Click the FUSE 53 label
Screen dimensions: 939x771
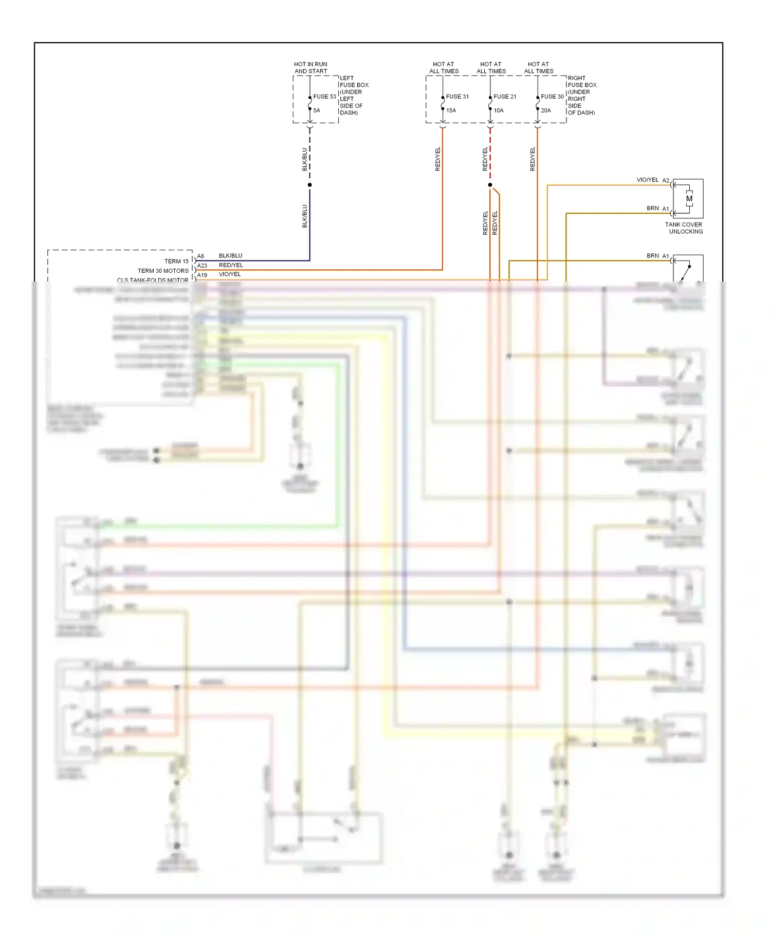[324, 97]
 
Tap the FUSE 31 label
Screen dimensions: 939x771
[457, 97]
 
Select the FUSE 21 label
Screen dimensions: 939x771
[505, 97]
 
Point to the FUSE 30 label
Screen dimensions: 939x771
[552, 97]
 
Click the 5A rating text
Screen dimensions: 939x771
[317, 110]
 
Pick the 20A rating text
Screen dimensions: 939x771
[546, 110]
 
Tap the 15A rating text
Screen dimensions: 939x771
[451, 110]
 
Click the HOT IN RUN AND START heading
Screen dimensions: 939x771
[310, 68]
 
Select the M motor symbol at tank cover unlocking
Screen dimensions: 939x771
[689, 199]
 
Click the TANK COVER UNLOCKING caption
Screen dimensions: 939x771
[684, 228]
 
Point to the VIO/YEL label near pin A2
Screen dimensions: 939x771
[647, 180]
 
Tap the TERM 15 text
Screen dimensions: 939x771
[176, 261]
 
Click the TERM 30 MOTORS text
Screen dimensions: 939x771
[163, 271]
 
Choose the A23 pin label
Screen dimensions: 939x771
[202, 266]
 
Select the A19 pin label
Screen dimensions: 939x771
[202, 275]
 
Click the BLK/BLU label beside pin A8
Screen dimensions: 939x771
[230, 256]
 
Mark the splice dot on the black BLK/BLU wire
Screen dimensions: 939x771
[309, 185]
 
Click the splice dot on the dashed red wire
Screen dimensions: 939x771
[490, 185]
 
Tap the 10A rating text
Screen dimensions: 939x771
[499, 110]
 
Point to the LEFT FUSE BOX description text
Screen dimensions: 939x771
[354, 96]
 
